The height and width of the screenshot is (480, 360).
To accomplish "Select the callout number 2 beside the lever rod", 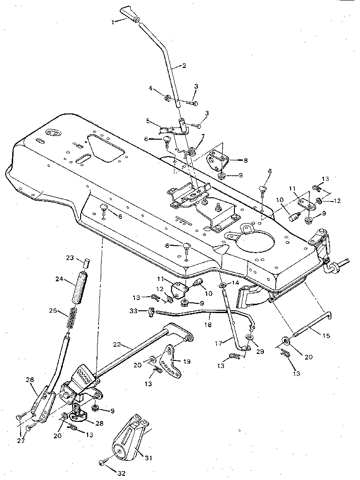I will [184, 66].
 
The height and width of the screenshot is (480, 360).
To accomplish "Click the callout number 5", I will [148, 121].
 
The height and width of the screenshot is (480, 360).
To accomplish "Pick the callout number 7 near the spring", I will [202, 136].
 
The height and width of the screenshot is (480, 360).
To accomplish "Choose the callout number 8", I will [245, 160].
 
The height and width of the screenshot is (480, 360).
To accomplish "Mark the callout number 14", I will [236, 283].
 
